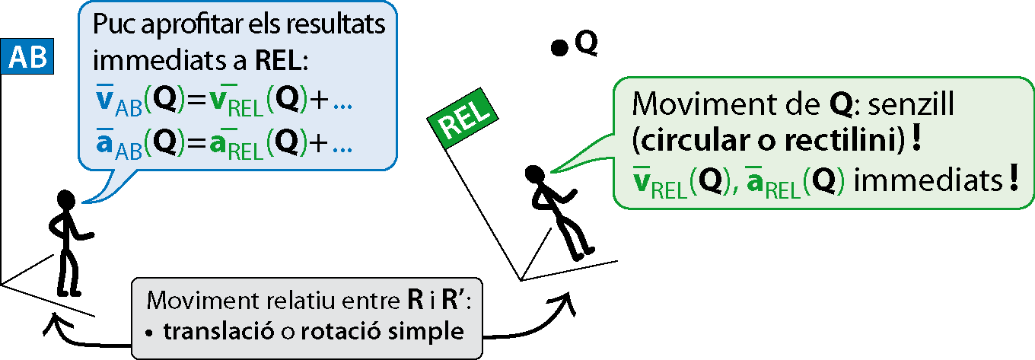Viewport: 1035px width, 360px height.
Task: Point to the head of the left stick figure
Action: click(66, 201)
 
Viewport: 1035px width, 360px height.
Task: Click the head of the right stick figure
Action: click(534, 174)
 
